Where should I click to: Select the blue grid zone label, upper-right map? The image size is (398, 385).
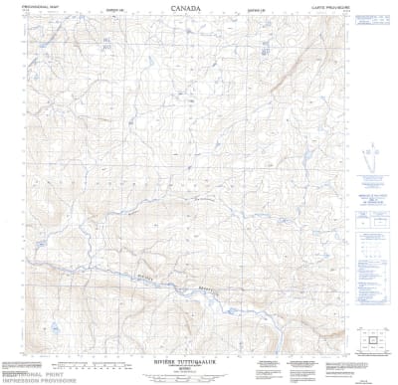tap(266, 46)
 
